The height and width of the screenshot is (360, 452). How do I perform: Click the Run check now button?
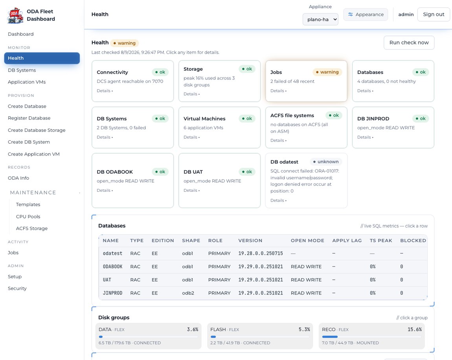click(409, 43)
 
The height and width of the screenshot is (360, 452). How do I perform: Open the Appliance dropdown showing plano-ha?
click(320, 19)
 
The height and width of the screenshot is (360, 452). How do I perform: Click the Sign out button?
click(433, 15)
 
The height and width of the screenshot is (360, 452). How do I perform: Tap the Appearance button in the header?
click(366, 15)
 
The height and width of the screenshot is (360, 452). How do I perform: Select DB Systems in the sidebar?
click(22, 70)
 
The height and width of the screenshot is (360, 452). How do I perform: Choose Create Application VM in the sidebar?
click(34, 154)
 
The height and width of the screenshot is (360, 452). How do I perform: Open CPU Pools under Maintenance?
click(28, 217)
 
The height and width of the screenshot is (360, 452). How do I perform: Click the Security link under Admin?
click(17, 288)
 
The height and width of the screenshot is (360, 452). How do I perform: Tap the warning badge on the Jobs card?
click(327, 72)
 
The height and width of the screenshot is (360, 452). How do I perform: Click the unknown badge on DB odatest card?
click(326, 162)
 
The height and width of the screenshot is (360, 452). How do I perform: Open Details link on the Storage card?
click(191, 94)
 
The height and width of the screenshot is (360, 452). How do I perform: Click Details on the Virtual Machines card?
click(191, 137)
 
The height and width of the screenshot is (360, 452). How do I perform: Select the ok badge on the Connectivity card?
click(160, 72)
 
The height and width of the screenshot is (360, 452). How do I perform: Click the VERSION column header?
click(250, 241)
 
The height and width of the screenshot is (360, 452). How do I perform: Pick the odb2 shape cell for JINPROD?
click(188, 293)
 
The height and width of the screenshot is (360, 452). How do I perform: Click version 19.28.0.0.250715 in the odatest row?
click(261, 253)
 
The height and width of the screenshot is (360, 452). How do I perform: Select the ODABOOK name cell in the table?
click(112, 266)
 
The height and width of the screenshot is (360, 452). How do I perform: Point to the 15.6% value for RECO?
click(415, 329)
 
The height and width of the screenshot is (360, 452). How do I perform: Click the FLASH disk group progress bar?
click(260, 337)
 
